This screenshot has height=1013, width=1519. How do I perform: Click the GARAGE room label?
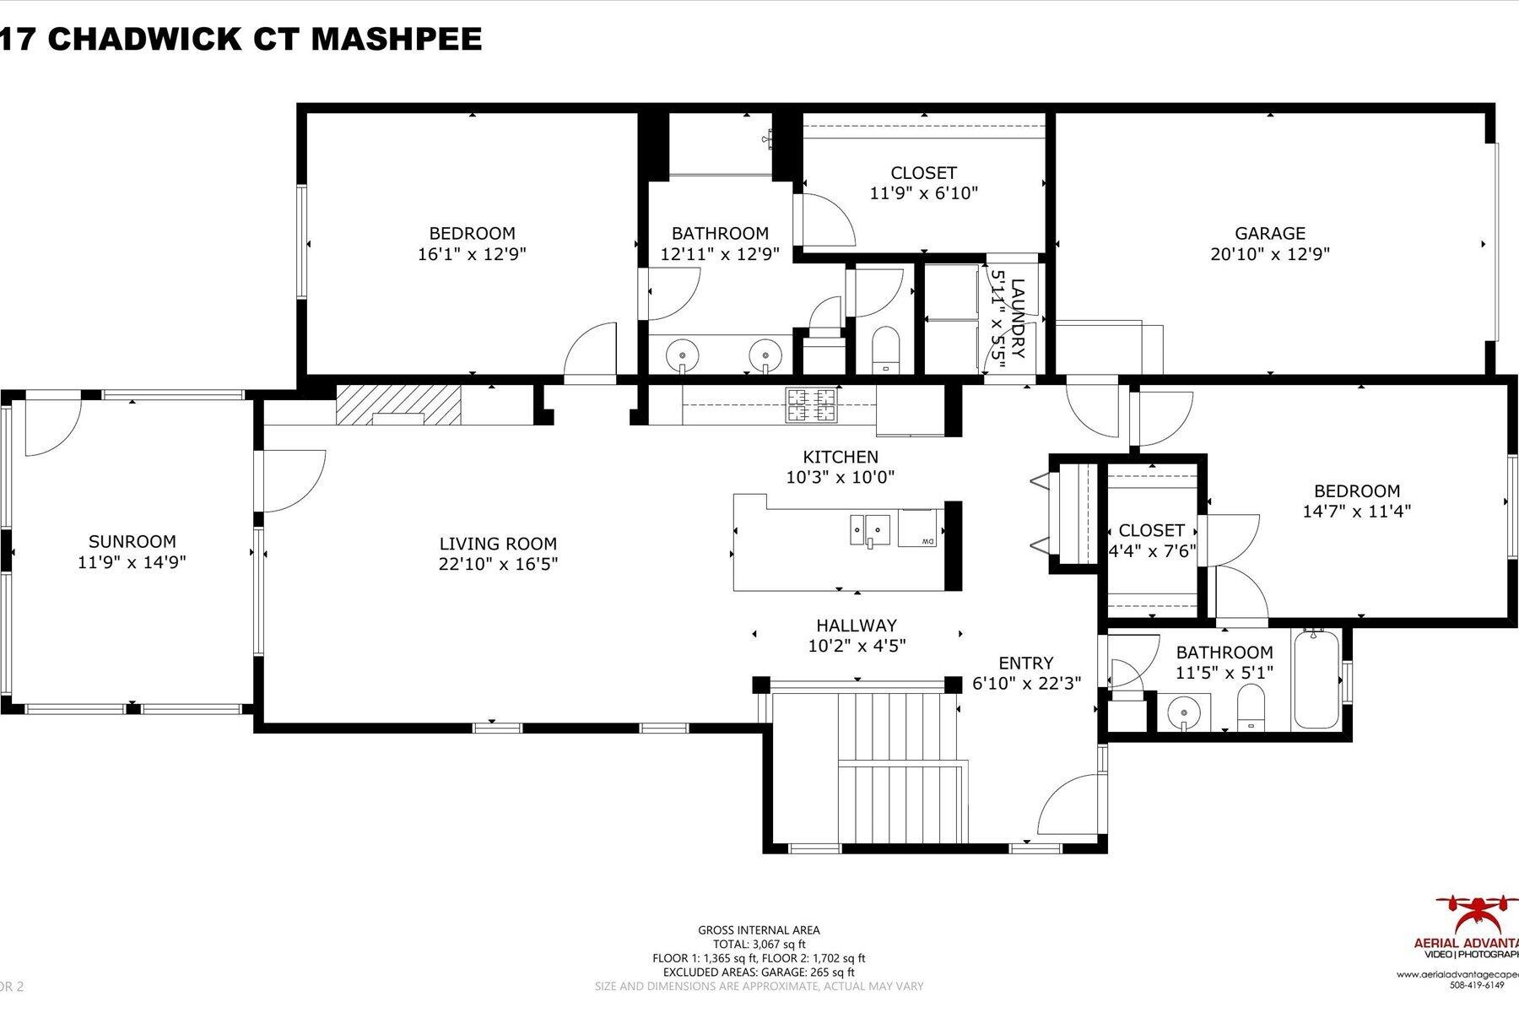[1269, 233]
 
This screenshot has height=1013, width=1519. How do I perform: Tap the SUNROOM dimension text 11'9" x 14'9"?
[132, 562]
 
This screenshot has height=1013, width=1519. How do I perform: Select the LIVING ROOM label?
[498, 544]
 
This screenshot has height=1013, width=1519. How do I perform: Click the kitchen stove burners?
[812, 404]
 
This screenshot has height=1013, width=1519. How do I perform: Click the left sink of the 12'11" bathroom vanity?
[680, 355]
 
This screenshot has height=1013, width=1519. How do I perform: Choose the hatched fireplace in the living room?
[398, 404]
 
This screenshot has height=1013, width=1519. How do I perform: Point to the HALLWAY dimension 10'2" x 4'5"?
[857, 647]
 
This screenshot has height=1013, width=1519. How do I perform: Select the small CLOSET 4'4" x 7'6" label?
[1151, 531]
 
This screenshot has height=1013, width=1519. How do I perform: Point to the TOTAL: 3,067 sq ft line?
[759, 944]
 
